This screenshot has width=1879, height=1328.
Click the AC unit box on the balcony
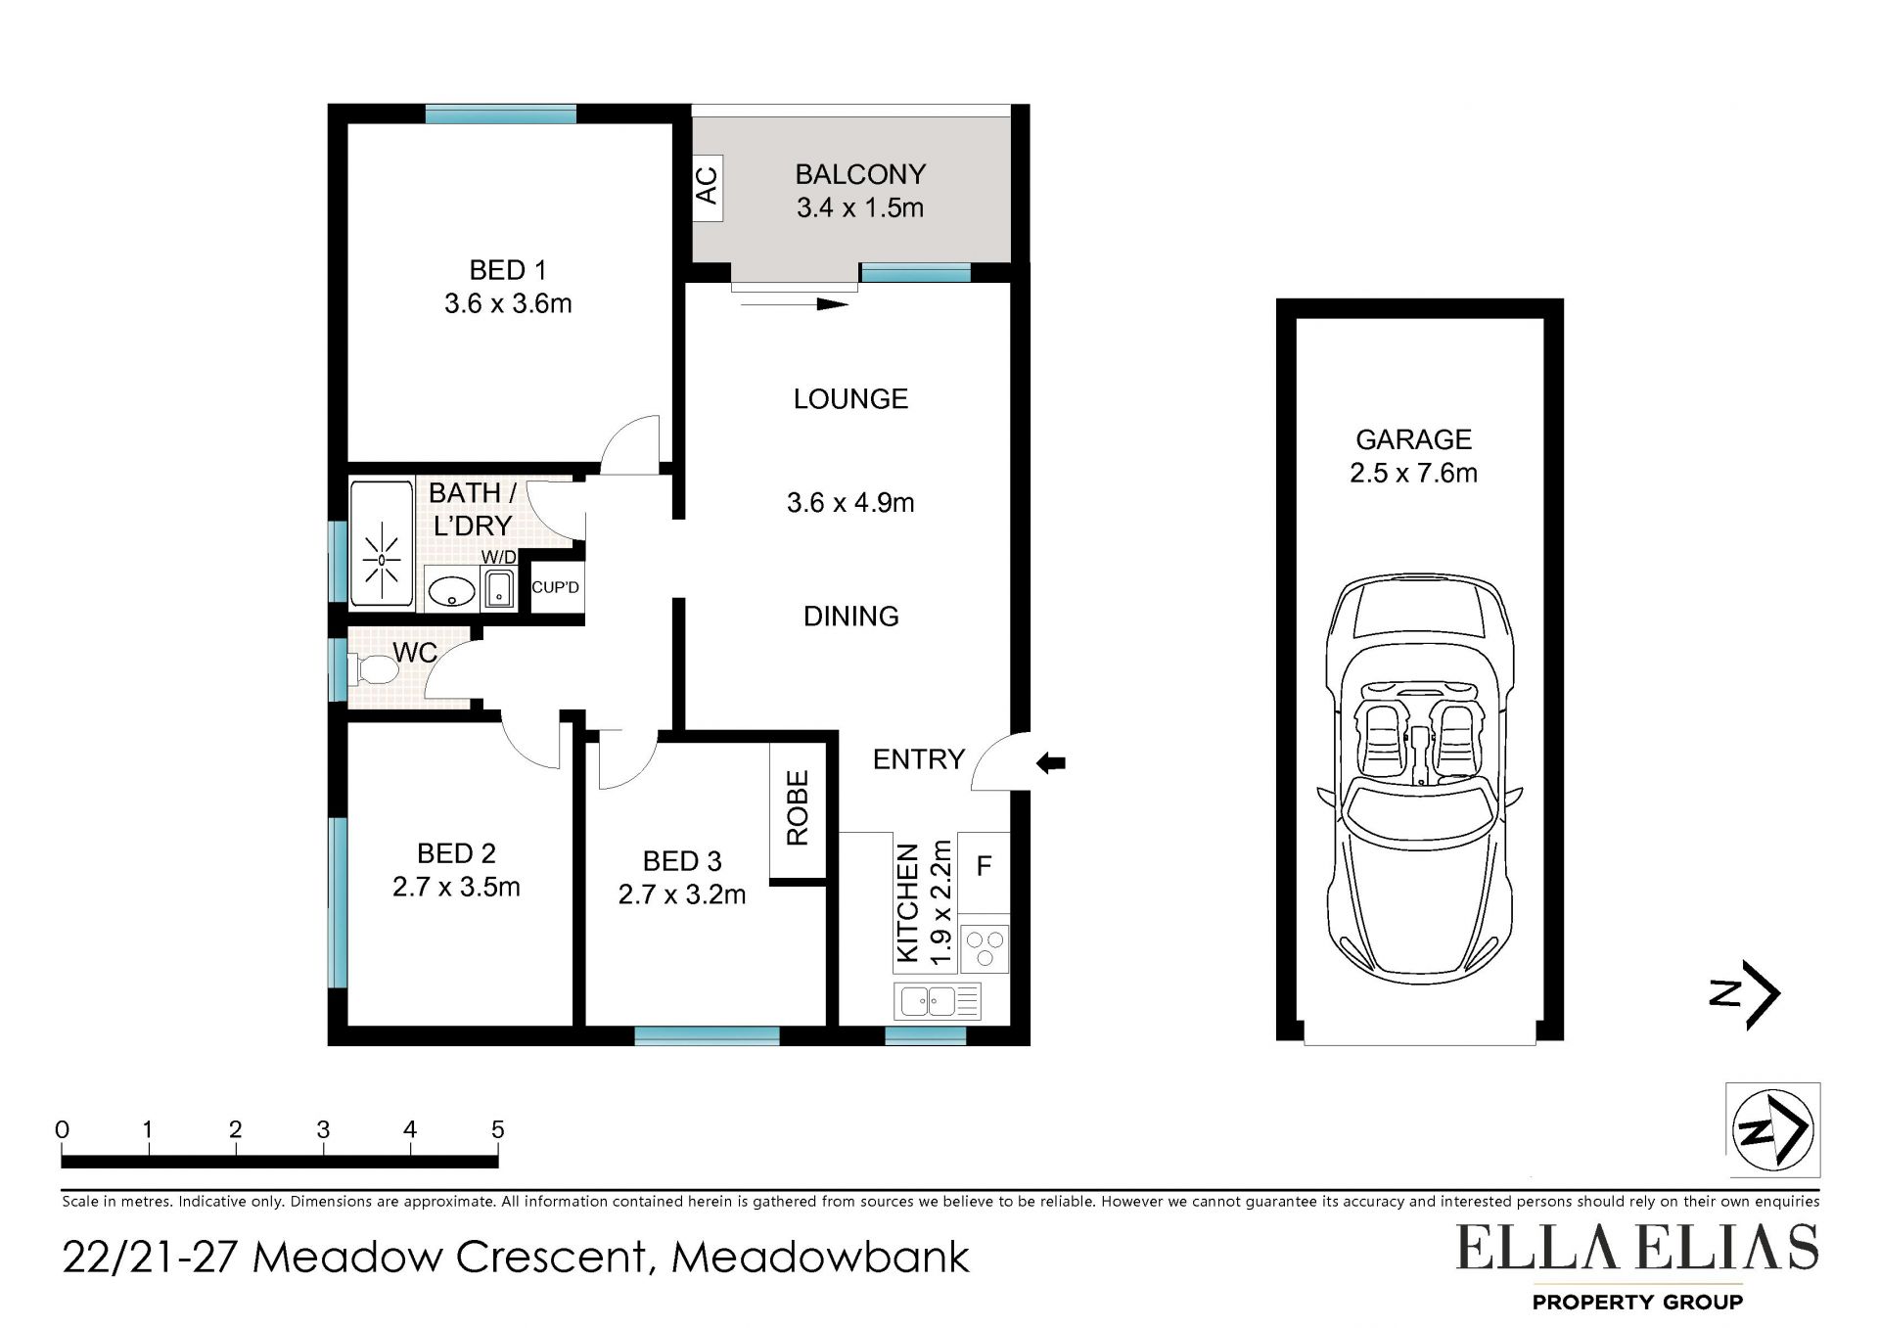point(708,188)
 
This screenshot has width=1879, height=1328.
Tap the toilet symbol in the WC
point(373,669)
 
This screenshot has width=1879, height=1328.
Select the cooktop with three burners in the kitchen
point(985,947)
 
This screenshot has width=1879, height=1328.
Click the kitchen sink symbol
point(937,1001)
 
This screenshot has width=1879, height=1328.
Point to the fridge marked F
point(984,872)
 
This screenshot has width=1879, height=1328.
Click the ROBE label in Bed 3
point(798,808)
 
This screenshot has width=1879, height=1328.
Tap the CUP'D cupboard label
point(556,587)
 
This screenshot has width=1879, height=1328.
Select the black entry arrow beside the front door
point(1051,762)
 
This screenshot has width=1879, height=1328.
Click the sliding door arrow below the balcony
point(795,304)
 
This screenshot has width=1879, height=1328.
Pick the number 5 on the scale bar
point(498,1129)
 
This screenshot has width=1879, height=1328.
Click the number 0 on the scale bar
point(63,1129)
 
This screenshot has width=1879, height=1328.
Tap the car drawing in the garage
point(1419,779)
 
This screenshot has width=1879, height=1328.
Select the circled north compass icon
point(1772,1129)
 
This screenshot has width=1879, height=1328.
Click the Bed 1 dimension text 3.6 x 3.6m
point(508,303)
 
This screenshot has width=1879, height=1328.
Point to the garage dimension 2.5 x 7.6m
point(1413,473)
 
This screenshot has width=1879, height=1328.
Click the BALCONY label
point(860,174)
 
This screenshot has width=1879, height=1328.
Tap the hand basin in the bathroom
point(452,591)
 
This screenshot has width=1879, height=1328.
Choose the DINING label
point(851,616)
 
